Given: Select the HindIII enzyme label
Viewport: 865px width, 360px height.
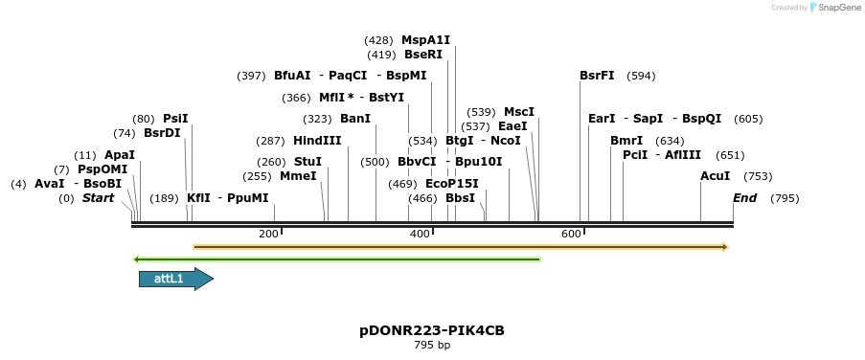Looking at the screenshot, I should [317, 140].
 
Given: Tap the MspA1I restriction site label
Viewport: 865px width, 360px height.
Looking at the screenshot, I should [425, 40].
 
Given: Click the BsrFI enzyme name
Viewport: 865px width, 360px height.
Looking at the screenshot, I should [597, 76].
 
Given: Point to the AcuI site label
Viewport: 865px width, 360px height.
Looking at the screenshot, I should [715, 176].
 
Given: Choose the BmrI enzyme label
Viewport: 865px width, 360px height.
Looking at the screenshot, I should [626, 140].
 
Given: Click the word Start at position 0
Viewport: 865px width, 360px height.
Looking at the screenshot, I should [98, 198].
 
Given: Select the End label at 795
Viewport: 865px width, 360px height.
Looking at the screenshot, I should [744, 198].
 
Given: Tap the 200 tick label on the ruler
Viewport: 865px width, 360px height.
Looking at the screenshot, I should [268, 235].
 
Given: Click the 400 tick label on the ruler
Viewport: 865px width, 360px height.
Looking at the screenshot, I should [420, 235].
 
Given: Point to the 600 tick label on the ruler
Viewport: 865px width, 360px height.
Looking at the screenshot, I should [571, 235].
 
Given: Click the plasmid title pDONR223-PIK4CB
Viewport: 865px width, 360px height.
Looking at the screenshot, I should [432, 330].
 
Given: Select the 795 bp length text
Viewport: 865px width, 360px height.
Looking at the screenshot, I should [432, 345].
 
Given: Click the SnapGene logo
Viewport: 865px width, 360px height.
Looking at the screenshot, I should [830, 8].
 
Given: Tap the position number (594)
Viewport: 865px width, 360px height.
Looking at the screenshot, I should [641, 76].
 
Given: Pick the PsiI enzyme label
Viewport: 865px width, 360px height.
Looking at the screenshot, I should [175, 119].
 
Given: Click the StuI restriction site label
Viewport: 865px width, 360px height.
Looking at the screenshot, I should [307, 162].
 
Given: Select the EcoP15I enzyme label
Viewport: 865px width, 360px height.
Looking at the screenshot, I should [451, 184].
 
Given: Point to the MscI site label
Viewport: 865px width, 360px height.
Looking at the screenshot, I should [519, 112].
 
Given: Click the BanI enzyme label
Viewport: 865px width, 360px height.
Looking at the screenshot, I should [354, 119].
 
